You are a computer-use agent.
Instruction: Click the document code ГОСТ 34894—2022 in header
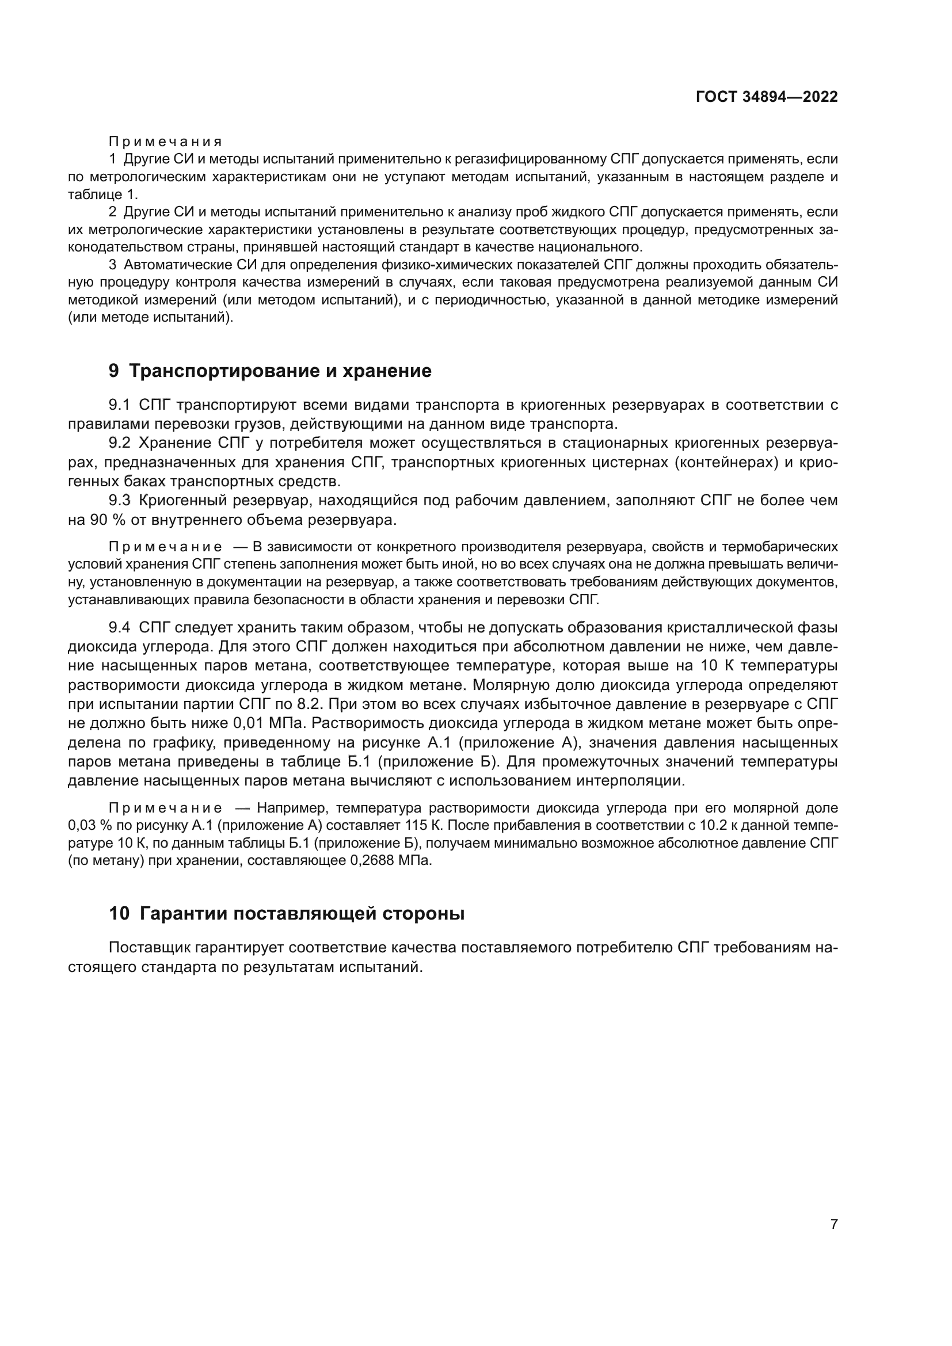(x=766, y=97)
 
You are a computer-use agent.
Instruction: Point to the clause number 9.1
(x=122, y=405)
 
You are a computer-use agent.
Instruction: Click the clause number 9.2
(x=122, y=443)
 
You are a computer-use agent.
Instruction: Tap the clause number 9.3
(x=122, y=500)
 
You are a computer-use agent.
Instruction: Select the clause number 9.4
(x=122, y=627)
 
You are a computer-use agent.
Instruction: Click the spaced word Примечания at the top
(x=165, y=142)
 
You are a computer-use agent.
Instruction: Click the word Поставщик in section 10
(x=150, y=947)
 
